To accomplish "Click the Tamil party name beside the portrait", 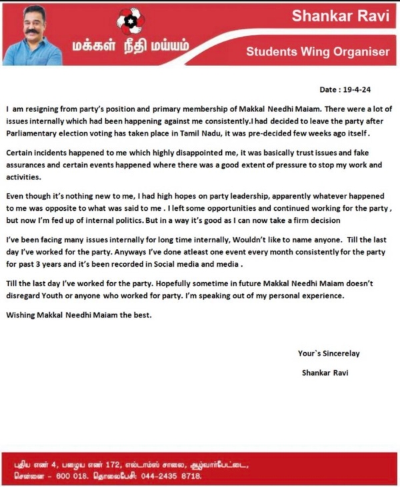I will click(131, 47).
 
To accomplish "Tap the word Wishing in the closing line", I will click(22, 315).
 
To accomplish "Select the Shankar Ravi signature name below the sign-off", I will click(325, 373).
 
